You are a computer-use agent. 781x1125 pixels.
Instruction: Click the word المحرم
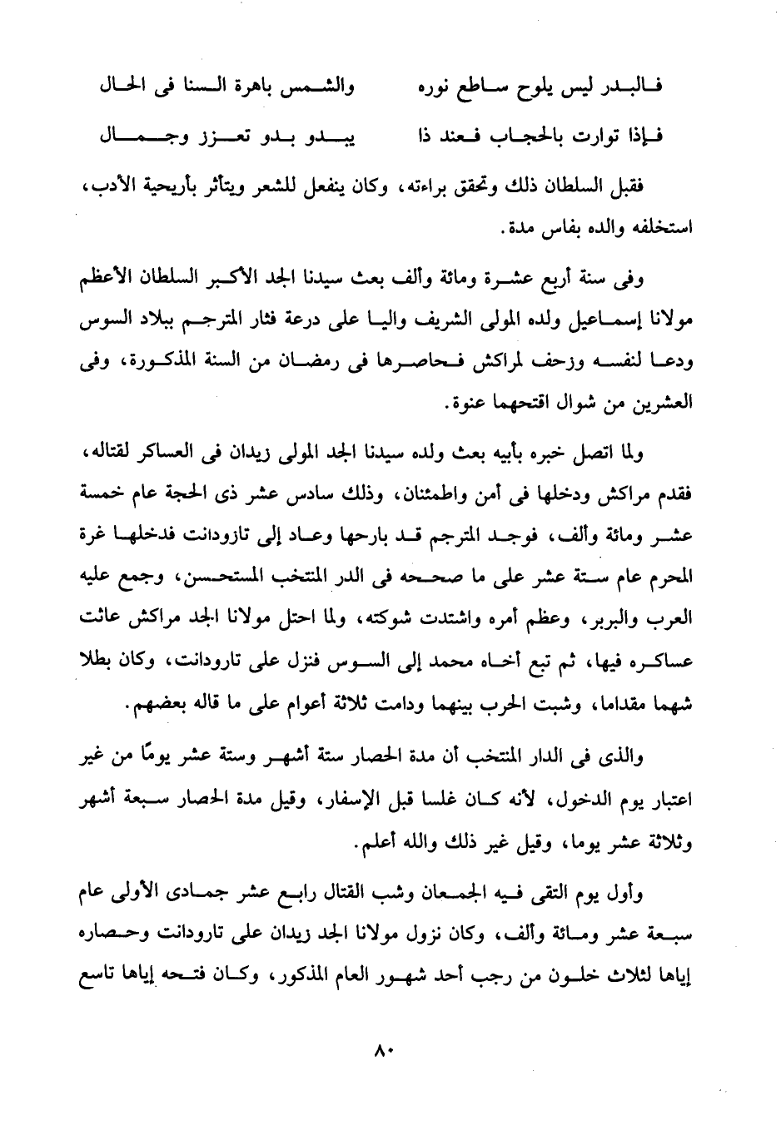coord(673,576)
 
